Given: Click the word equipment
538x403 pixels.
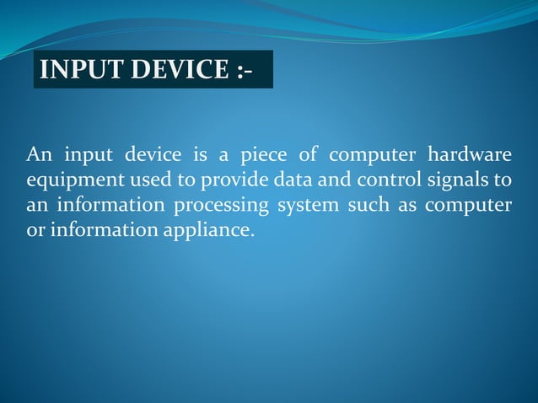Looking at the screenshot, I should click(x=69, y=181).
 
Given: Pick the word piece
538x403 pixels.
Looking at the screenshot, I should click(x=264, y=156).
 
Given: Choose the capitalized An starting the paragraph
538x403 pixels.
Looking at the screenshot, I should click(x=38, y=156).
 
